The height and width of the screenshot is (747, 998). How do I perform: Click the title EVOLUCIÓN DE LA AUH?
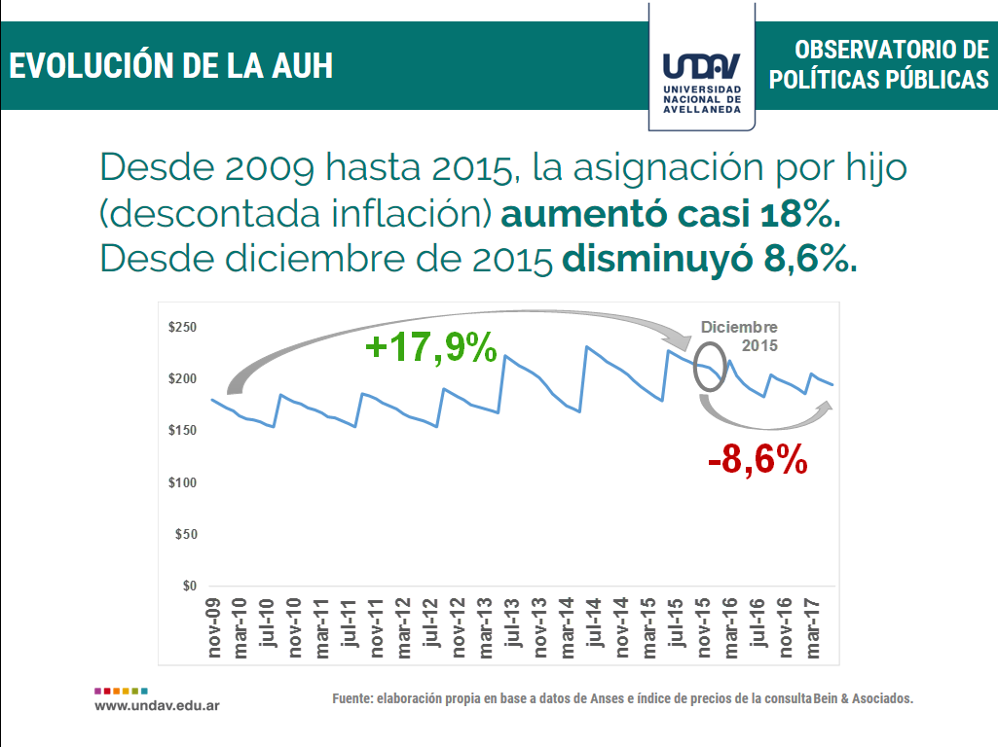point(171,65)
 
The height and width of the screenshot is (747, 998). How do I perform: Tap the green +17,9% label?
point(430,347)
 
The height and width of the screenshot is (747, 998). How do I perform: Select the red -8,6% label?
point(758,459)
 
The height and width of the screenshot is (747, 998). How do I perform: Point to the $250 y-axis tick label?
point(183,328)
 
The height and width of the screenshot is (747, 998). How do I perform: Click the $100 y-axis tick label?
point(183,483)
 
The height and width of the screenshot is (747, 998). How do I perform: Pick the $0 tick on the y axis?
point(190,587)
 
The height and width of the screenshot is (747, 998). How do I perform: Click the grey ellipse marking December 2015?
point(712,367)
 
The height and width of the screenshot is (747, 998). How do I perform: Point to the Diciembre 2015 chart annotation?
point(740,336)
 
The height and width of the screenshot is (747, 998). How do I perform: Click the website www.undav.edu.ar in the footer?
point(157,704)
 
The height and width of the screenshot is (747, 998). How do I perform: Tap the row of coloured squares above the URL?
point(122,689)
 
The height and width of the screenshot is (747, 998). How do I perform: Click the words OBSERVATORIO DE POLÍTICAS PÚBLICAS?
point(878,64)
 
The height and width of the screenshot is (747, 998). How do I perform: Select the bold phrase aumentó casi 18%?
point(671,213)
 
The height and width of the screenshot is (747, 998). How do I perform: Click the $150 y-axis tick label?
point(183,431)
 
